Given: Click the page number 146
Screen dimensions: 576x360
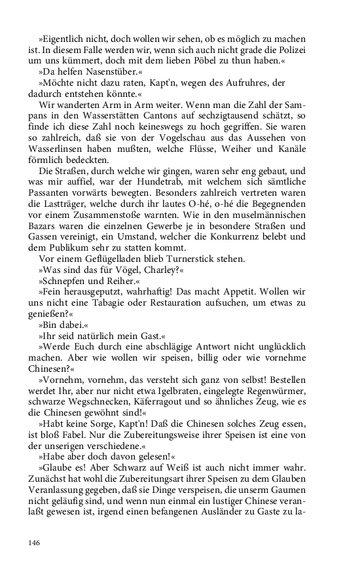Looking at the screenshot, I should pos(35,543).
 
